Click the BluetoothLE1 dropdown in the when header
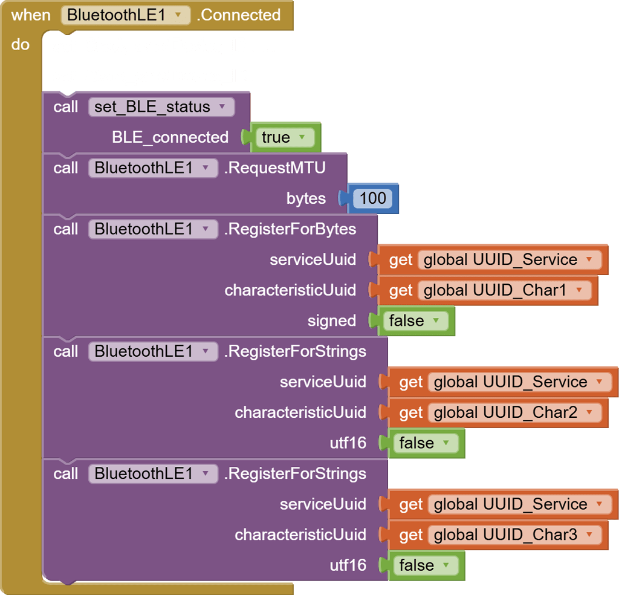(x=125, y=15)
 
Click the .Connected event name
(x=239, y=15)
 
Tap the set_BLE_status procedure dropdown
(x=160, y=107)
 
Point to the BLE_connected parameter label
(x=170, y=137)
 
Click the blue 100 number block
(x=372, y=198)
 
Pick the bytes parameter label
(x=306, y=198)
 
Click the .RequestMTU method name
(x=274, y=168)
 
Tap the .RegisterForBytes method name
(x=290, y=229)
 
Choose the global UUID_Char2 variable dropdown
(x=514, y=412)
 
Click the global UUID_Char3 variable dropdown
(x=514, y=535)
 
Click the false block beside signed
(x=415, y=320)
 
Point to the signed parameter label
(x=331, y=320)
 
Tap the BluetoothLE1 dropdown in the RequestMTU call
(x=152, y=168)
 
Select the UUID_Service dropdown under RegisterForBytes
(x=508, y=260)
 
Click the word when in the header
(x=31, y=15)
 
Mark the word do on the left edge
(x=20, y=45)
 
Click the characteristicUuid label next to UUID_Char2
(x=300, y=412)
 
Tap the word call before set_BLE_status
(x=65, y=107)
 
